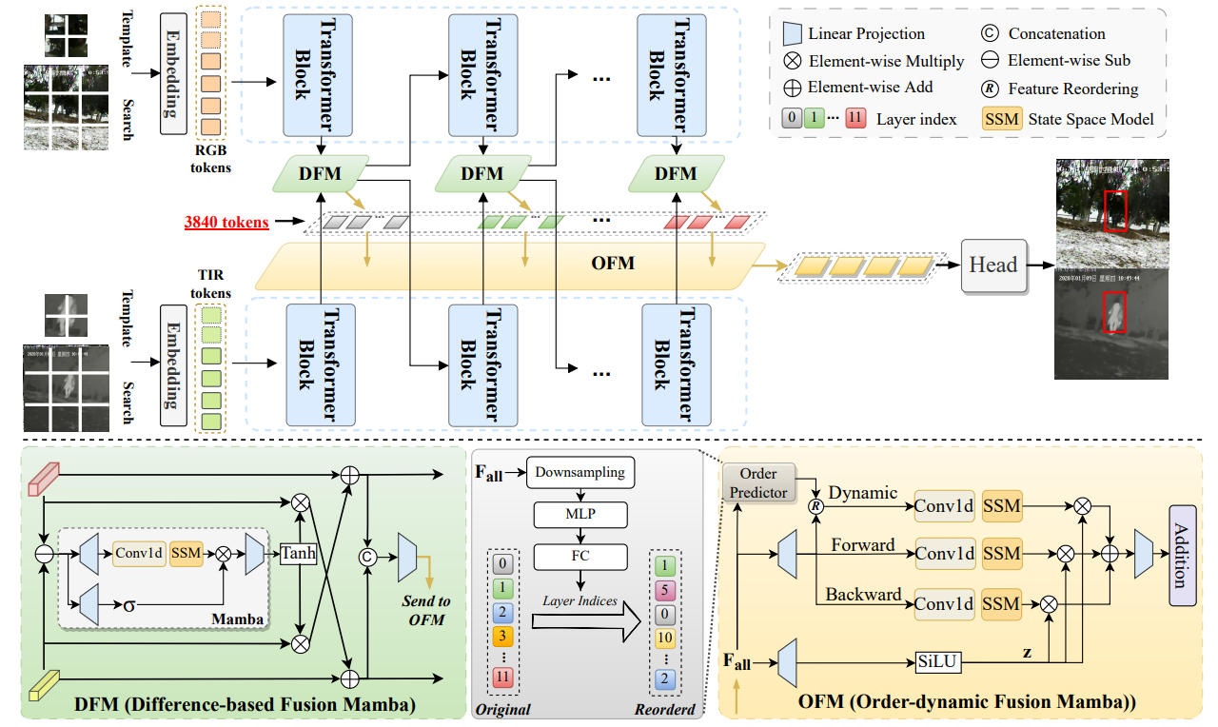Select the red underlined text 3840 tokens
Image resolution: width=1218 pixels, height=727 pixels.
226,223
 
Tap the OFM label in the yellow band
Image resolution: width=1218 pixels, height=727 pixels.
613,263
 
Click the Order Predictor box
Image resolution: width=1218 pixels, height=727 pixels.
758,482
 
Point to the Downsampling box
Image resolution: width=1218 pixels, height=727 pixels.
580,472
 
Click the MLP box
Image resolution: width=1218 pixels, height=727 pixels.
580,515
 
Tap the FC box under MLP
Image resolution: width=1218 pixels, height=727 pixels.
580,557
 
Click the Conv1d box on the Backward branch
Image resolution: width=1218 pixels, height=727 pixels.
944,603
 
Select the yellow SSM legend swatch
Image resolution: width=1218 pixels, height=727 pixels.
1001,119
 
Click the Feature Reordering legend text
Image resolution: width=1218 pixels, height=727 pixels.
1073,88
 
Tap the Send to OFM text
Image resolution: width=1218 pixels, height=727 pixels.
425,609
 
